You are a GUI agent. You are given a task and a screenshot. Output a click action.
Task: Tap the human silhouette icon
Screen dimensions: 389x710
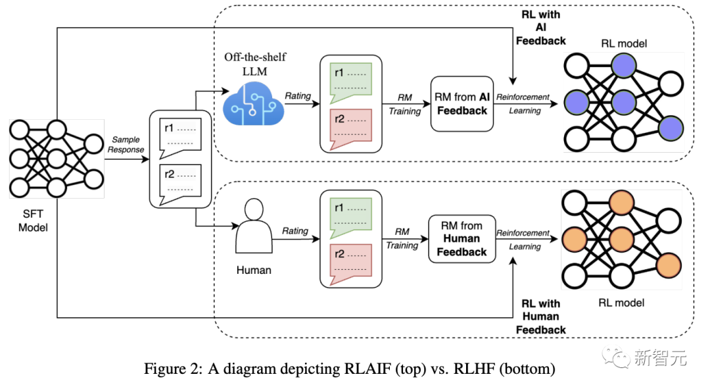(x=253, y=227)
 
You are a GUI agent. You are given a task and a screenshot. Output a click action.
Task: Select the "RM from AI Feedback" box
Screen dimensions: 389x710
(x=461, y=104)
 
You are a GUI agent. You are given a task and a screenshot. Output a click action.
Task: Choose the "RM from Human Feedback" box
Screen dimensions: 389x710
(x=461, y=238)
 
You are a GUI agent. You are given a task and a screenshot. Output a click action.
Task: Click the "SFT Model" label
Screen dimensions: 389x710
(x=34, y=220)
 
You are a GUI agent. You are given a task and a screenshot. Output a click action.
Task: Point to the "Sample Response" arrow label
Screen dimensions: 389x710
(x=126, y=145)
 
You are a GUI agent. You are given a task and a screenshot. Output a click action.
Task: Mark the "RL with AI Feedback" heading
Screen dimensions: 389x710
(x=540, y=27)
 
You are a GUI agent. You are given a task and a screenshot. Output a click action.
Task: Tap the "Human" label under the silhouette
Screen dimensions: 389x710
(x=254, y=270)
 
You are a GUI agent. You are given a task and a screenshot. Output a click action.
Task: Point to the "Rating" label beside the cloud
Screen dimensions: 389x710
(x=298, y=96)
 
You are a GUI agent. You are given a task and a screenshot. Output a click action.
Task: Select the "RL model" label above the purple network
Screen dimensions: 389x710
(x=624, y=43)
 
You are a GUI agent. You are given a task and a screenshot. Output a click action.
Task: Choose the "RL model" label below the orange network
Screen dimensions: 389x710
(x=621, y=303)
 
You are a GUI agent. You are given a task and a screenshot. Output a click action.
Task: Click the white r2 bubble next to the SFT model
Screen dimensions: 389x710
(x=179, y=180)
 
